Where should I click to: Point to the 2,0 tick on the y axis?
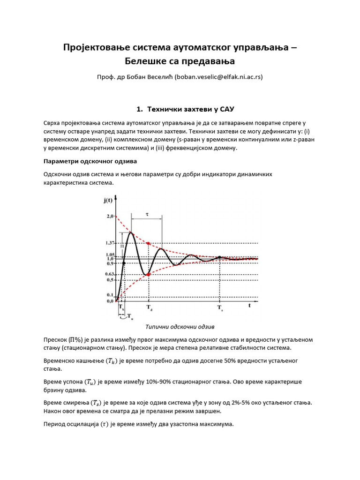(x=110, y=216)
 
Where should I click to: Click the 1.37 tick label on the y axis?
(x=109, y=243)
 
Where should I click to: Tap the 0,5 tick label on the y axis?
(x=110, y=280)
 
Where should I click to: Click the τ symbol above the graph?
(x=147, y=214)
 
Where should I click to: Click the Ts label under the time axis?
(x=220, y=308)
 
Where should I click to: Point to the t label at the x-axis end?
(x=250, y=305)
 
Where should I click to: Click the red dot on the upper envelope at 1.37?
(x=149, y=243)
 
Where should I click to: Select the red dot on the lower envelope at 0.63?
(x=149, y=275)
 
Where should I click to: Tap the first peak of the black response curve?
(x=131, y=233)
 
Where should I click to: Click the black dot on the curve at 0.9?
(x=123, y=263)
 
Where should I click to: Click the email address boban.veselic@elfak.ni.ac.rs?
(x=218, y=77)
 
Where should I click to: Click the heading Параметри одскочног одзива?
(x=90, y=161)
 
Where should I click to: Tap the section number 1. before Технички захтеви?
(x=139, y=109)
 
